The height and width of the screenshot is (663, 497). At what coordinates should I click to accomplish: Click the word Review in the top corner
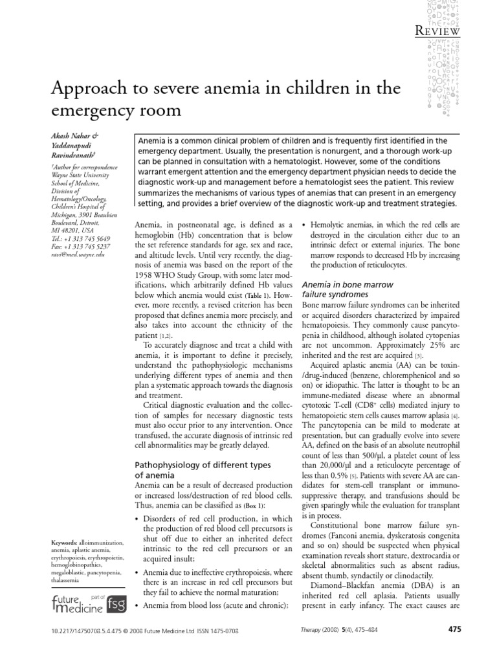[x=437, y=30]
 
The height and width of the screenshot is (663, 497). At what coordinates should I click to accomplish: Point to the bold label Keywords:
[x=64, y=541]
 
